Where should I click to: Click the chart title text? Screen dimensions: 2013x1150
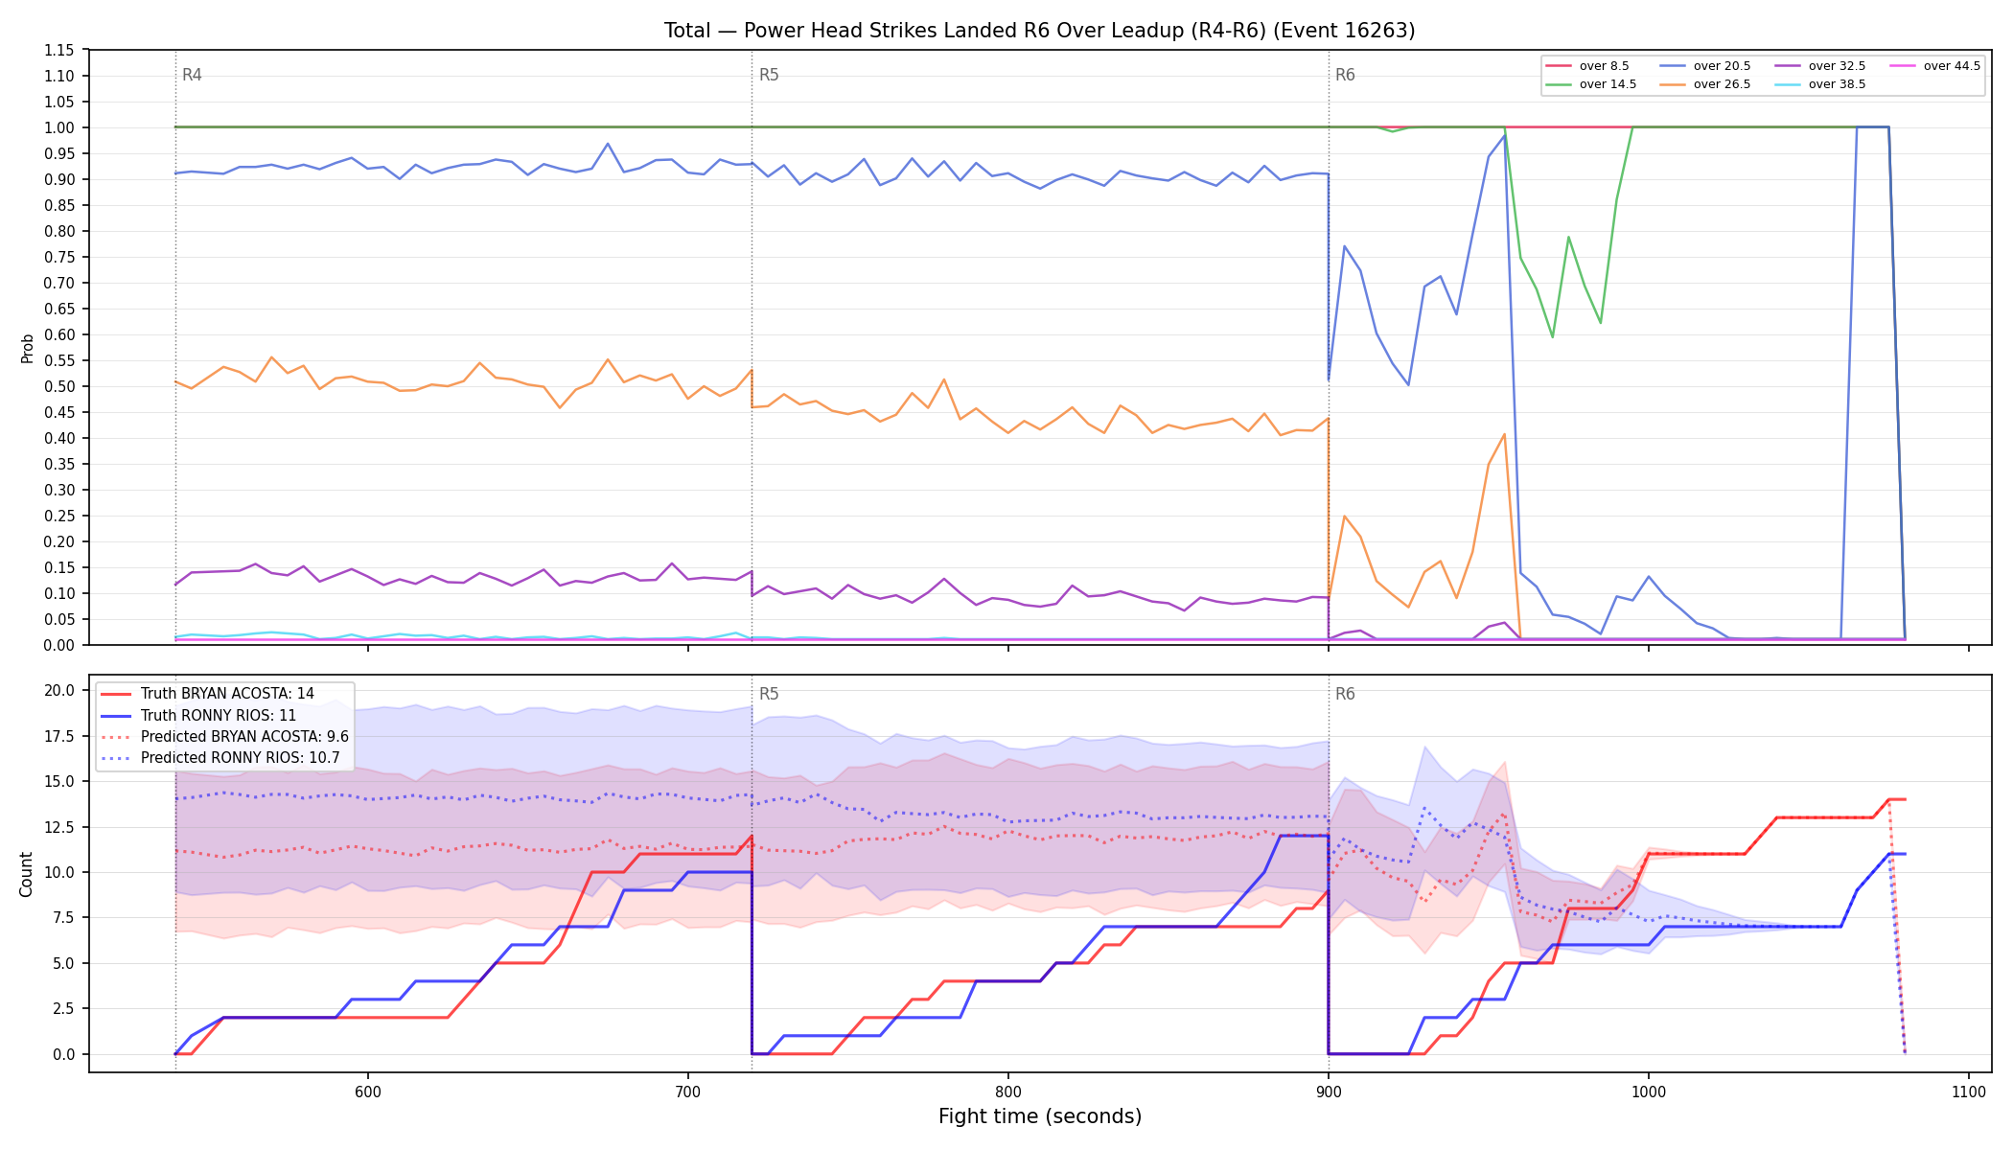coord(1039,31)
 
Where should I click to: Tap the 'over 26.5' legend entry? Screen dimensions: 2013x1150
coord(1705,84)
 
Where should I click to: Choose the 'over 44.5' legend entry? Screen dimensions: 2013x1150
coord(1935,66)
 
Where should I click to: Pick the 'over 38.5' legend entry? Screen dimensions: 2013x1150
coord(1820,84)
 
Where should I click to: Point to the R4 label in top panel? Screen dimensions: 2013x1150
coord(192,75)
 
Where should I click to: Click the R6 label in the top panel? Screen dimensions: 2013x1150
coord(1345,75)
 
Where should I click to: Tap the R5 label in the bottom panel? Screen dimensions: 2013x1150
coord(769,694)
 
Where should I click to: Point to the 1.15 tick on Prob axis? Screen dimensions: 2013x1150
coord(59,50)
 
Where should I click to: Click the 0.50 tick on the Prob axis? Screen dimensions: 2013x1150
coord(59,386)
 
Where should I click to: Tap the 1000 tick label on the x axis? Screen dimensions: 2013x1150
coord(1649,1092)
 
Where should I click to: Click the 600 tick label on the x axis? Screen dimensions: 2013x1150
coord(368,1092)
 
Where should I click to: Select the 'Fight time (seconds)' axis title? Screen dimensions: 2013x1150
coord(1040,1116)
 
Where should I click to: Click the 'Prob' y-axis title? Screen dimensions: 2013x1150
coord(27,348)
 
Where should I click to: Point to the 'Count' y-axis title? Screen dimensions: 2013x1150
coord(26,874)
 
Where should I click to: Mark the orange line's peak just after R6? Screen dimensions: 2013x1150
coord(1504,434)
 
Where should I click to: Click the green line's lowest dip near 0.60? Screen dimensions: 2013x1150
coord(1553,336)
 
